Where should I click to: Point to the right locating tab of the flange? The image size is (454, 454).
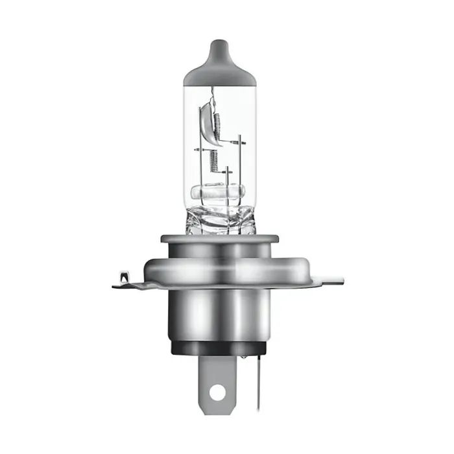(328, 280)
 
